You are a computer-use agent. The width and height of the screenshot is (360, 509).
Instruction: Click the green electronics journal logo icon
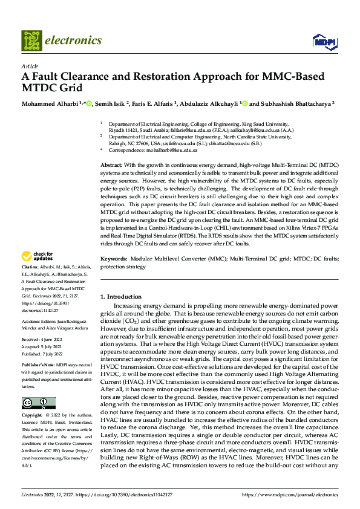(x=31, y=41)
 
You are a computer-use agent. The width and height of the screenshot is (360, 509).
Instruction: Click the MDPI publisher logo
(x=323, y=41)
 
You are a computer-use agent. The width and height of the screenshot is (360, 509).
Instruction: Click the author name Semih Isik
(x=113, y=103)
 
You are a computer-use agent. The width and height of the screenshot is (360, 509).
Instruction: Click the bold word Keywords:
(x=114, y=258)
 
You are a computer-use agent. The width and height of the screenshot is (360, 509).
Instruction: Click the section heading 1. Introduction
(x=120, y=296)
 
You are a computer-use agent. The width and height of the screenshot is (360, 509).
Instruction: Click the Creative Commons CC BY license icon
(x=38, y=403)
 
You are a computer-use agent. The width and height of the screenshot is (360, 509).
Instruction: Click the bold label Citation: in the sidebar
(x=30, y=284)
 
